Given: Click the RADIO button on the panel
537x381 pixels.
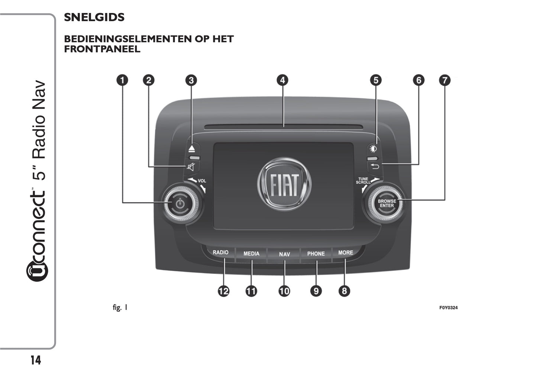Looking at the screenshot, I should (x=220, y=253).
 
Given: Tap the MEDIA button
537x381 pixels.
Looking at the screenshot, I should (x=251, y=254).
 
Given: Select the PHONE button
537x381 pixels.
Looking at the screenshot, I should (x=316, y=254).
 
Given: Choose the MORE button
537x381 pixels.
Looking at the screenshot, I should (x=345, y=253).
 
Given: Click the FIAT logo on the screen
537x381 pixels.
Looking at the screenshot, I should (x=284, y=184).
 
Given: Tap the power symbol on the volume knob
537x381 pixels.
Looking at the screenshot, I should (x=179, y=203).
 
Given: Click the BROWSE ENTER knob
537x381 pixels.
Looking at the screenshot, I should (x=386, y=203).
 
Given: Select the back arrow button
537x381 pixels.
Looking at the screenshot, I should (x=375, y=166).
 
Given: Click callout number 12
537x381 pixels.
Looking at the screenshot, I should (x=223, y=291).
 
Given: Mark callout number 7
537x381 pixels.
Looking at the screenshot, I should (x=444, y=80).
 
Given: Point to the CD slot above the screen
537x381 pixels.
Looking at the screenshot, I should (x=283, y=127).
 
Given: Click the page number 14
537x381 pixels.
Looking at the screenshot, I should (x=36, y=360).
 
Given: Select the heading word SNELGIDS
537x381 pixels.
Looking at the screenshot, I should (x=94, y=17).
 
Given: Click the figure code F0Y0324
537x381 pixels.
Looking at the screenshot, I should (x=448, y=308).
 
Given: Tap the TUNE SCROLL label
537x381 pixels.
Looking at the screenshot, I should (x=363, y=181).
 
